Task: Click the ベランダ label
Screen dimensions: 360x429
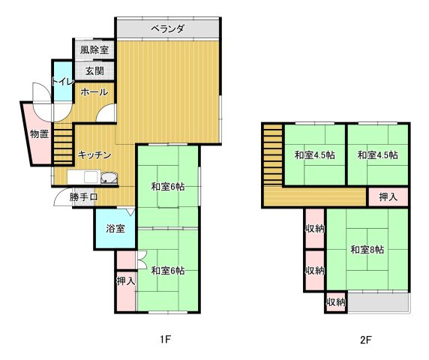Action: pos(166,28)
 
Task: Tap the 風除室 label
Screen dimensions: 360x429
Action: pos(94,50)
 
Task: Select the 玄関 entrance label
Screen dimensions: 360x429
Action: pos(94,71)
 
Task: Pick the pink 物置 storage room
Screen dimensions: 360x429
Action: pos(38,135)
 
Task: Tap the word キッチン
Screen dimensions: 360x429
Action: pos(94,155)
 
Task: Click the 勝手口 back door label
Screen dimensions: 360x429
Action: pos(83,198)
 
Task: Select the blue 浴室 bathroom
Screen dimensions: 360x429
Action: pos(115,228)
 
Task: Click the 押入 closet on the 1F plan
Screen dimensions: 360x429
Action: pos(125,282)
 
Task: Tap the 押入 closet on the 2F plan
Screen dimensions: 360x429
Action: pos(388,198)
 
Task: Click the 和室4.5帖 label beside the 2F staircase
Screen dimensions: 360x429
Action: pos(314,155)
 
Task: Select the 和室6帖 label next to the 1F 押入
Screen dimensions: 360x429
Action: pos(167,271)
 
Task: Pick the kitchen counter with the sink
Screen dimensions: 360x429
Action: pos(93,178)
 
